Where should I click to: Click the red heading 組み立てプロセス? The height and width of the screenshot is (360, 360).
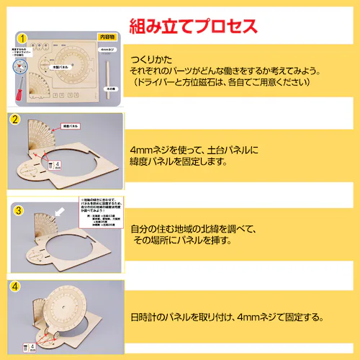click(x=192, y=27)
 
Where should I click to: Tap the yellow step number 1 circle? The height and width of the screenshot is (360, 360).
click(x=22, y=38)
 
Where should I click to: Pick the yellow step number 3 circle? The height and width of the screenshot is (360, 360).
click(x=17, y=211)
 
